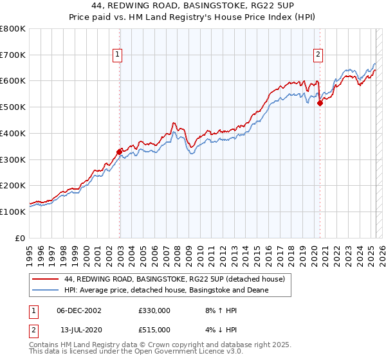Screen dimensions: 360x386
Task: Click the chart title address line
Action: point(193,7)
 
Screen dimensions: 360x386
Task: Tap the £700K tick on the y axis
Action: point(13,55)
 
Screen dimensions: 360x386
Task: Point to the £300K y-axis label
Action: point(13,159)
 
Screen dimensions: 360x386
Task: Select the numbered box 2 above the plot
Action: point(318,56)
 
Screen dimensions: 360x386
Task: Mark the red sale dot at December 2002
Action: point(119,152)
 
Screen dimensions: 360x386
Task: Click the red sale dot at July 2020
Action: point(320,104)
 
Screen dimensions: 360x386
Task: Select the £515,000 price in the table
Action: point(154,330)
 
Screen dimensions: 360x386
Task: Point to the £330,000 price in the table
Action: point(154,310)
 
